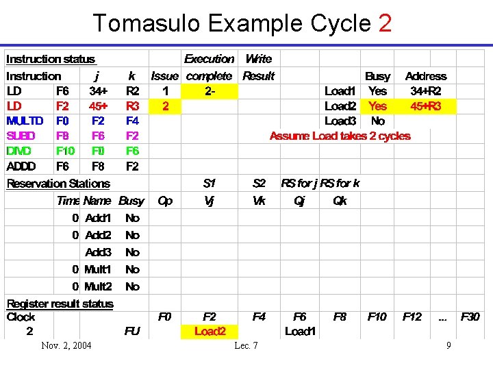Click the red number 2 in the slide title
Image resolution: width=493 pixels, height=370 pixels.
(384, 23)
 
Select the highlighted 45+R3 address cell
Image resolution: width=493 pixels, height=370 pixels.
(425, 106)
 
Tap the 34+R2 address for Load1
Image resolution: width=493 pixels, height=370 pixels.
(425, 91)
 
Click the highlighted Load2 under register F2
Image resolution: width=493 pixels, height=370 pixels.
(210, 332)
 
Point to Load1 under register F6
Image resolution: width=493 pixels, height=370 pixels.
(300, 332)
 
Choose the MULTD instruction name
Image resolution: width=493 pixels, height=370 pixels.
(25, 121)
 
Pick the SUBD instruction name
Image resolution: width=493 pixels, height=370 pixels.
(21, 136)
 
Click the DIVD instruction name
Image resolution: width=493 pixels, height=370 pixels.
(19, 151)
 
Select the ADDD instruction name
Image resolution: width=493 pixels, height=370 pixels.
(21, 166)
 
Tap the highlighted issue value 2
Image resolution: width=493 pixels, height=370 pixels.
(165, 106)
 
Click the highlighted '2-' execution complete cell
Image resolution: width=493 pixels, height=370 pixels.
(210, 91)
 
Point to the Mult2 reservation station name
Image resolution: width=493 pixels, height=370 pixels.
(97, 286)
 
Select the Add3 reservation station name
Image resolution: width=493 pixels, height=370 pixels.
(98, 252)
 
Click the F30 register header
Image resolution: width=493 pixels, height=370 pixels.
(470, 317)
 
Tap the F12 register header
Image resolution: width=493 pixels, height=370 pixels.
(412, 317)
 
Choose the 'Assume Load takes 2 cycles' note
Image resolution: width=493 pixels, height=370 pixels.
(340, 136)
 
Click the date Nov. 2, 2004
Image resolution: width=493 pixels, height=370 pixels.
(66, 345)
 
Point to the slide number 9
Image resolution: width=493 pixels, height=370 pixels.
(448, 345)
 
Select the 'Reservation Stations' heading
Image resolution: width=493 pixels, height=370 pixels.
(58, 184)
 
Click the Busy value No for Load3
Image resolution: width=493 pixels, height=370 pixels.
(377, 121)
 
